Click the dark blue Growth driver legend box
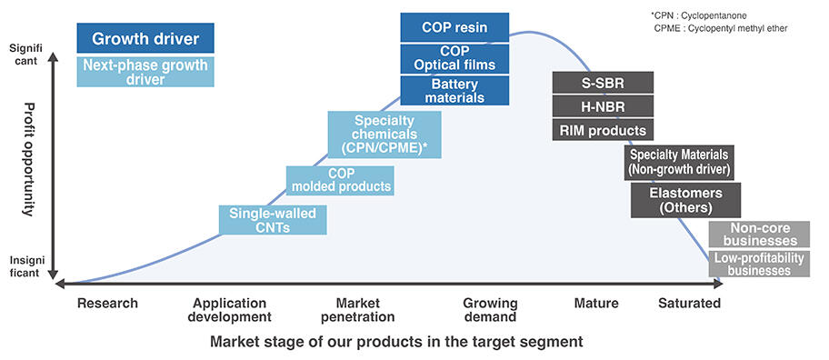(145, 38)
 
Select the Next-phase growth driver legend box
(145, 72)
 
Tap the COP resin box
(454, 27)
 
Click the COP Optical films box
(454, 57)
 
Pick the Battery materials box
(454, 89)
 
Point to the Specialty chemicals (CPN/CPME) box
(385, 134)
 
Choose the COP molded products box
(340, 180)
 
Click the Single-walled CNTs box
(273, 221)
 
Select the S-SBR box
(603, 83)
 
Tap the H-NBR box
(603, 106)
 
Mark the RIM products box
(603, 130)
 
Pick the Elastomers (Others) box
(685, 200)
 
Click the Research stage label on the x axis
(108, 303)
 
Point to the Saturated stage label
(689, 303)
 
